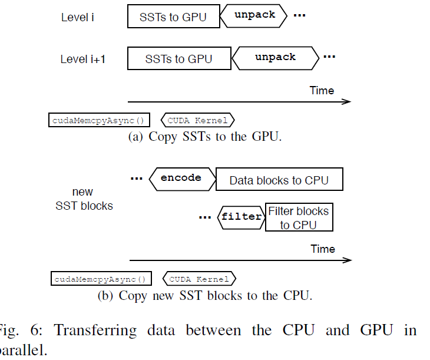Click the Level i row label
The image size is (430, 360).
(x=77, y=17)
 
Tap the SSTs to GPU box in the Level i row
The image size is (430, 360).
(x=173, y=17)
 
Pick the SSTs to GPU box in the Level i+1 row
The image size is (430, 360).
(x=178, y=59)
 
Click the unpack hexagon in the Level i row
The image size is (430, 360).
(x=254, y=15)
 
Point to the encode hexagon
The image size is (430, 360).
(x=181, y=178)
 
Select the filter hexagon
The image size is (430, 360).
(x=241, y=217)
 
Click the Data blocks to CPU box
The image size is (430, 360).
(x=279, y=180)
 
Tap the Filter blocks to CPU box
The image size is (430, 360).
(x=299, y=217)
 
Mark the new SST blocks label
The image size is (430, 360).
(x=84, y=199)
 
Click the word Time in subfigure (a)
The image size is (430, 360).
(x=322, y=90)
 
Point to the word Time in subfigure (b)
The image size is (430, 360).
(x=323, y=249)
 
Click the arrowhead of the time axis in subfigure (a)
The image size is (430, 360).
(x=347, y=101)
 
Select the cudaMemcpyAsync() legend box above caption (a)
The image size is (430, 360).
(x=99, y=120)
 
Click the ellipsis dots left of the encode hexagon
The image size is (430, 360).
(x=137, y=178)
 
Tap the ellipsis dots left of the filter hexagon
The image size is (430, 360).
(x=205, y=217)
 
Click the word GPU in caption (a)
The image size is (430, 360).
(x=265, y=137)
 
